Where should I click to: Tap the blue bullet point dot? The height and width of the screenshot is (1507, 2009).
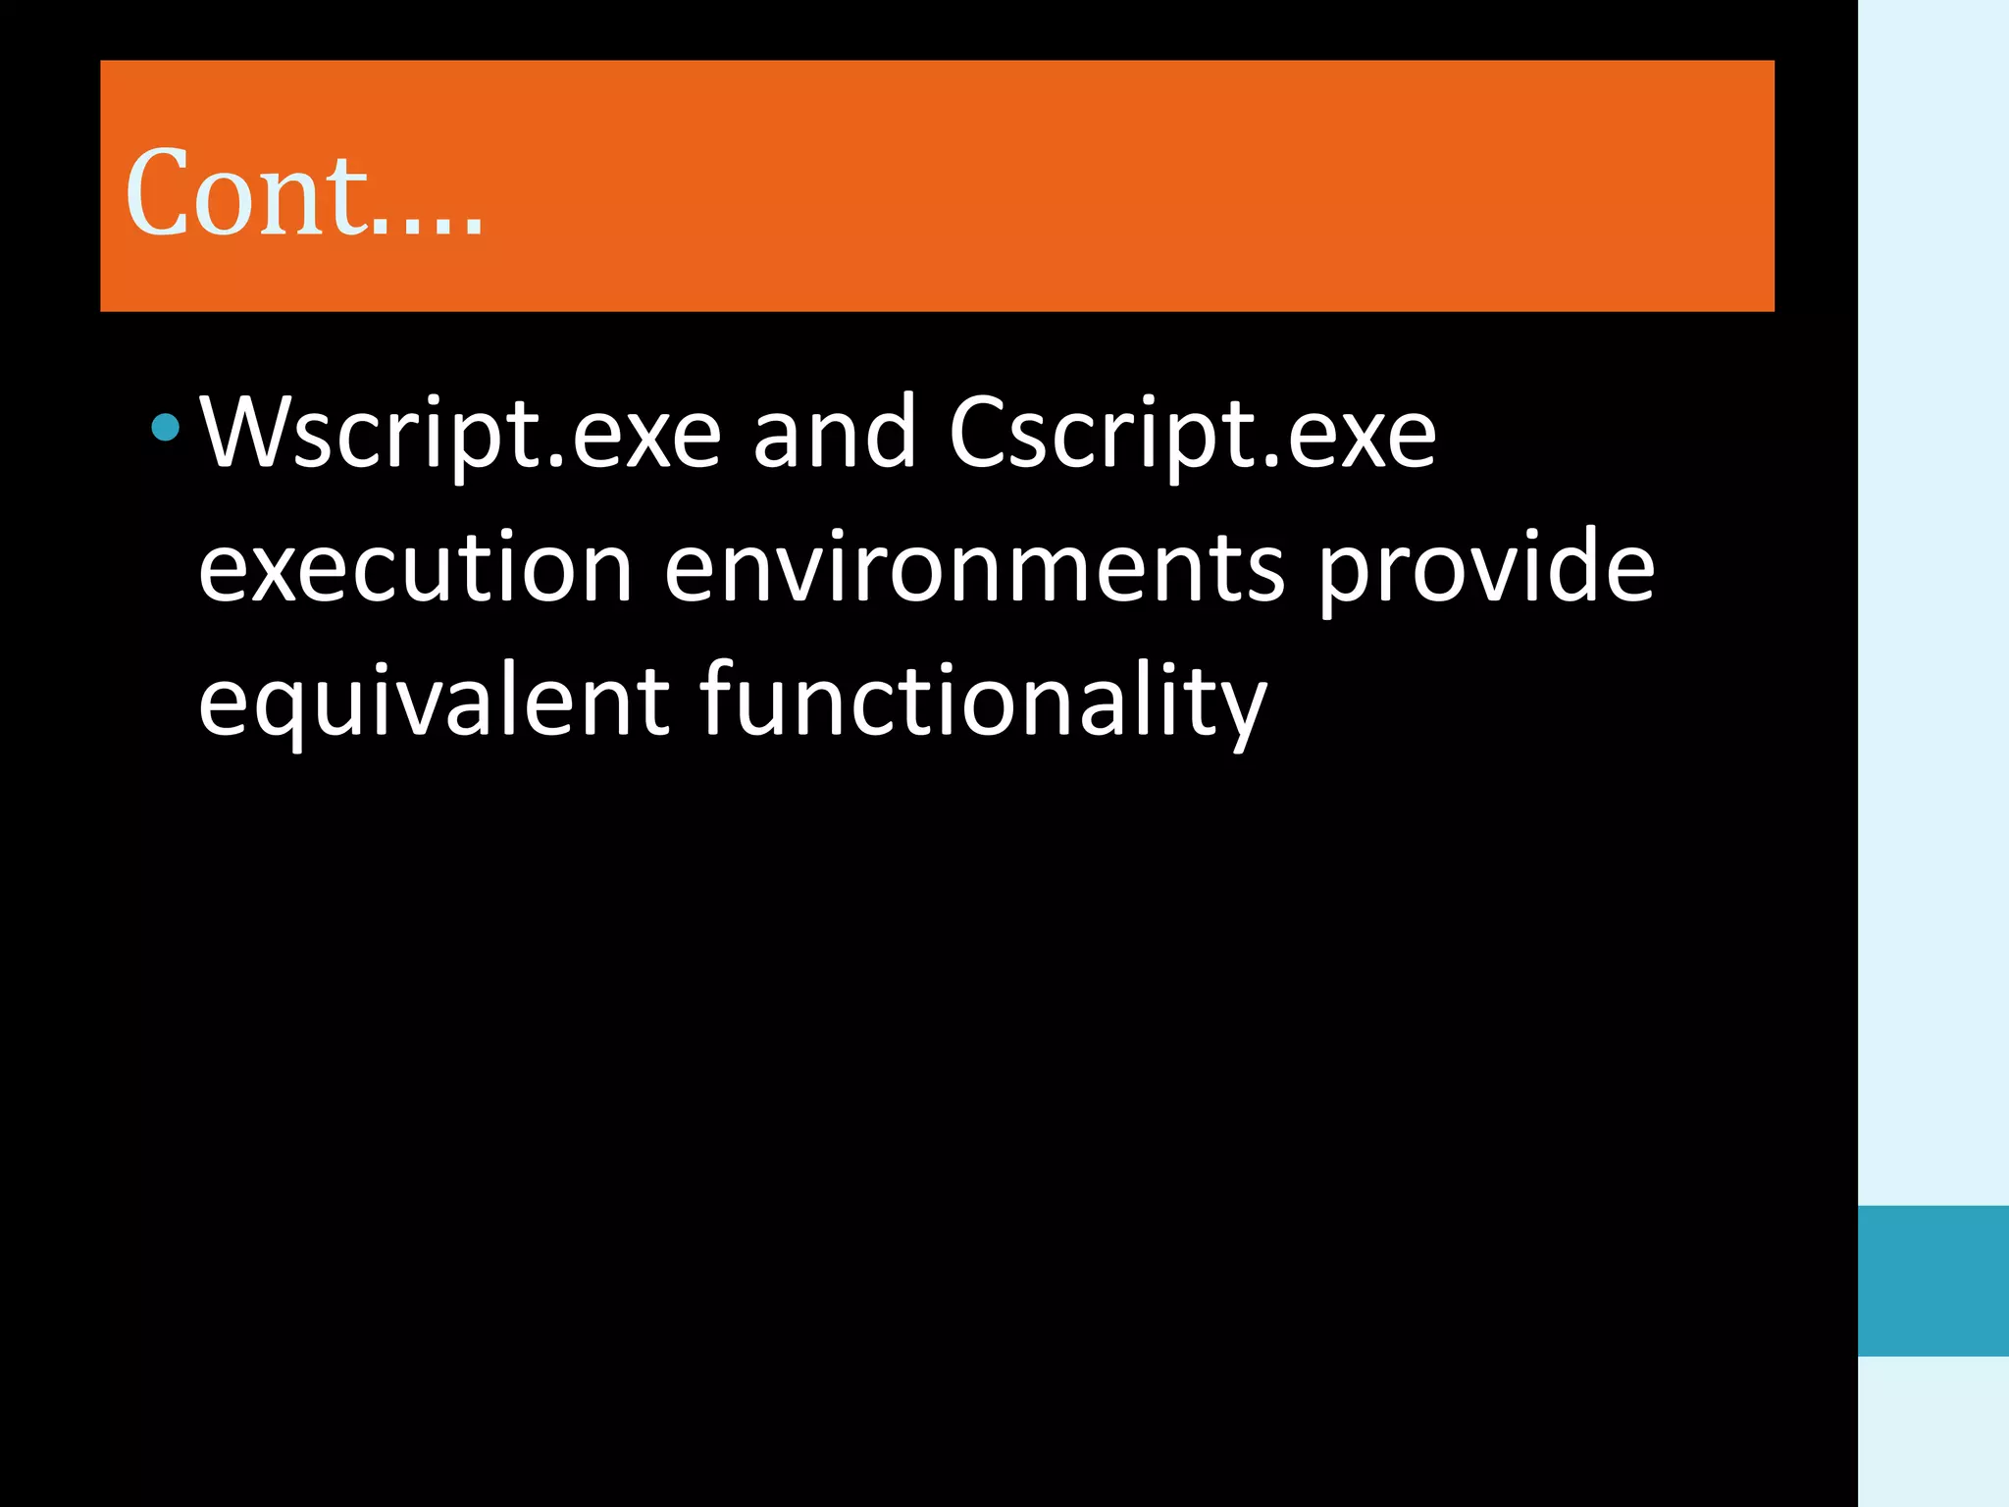[166, 427]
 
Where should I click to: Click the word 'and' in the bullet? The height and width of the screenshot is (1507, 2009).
[835, 433]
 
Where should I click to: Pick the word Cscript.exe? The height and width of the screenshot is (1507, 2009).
[1192, 433]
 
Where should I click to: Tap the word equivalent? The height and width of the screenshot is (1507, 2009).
[434, 702]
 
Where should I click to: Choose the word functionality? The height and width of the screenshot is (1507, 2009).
[984, 702]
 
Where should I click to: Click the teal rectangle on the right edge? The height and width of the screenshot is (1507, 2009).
[1932, 1280]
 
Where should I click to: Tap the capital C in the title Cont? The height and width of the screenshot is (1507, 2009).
[159, 193]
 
